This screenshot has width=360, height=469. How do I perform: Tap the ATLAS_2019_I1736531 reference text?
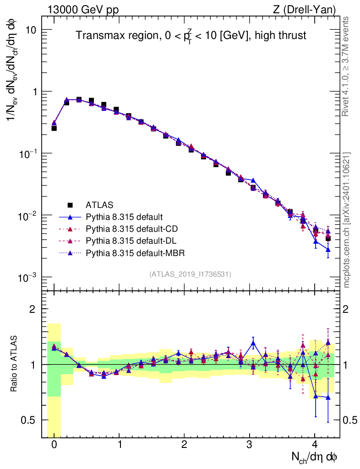(x=190, y=274)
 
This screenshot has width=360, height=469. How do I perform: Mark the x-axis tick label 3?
(x=250, y=445)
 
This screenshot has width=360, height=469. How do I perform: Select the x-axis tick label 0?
(x=54, y=445)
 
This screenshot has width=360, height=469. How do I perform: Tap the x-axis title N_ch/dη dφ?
(x=316, y=457)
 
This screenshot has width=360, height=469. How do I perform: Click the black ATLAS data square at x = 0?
(x=54, y=128)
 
